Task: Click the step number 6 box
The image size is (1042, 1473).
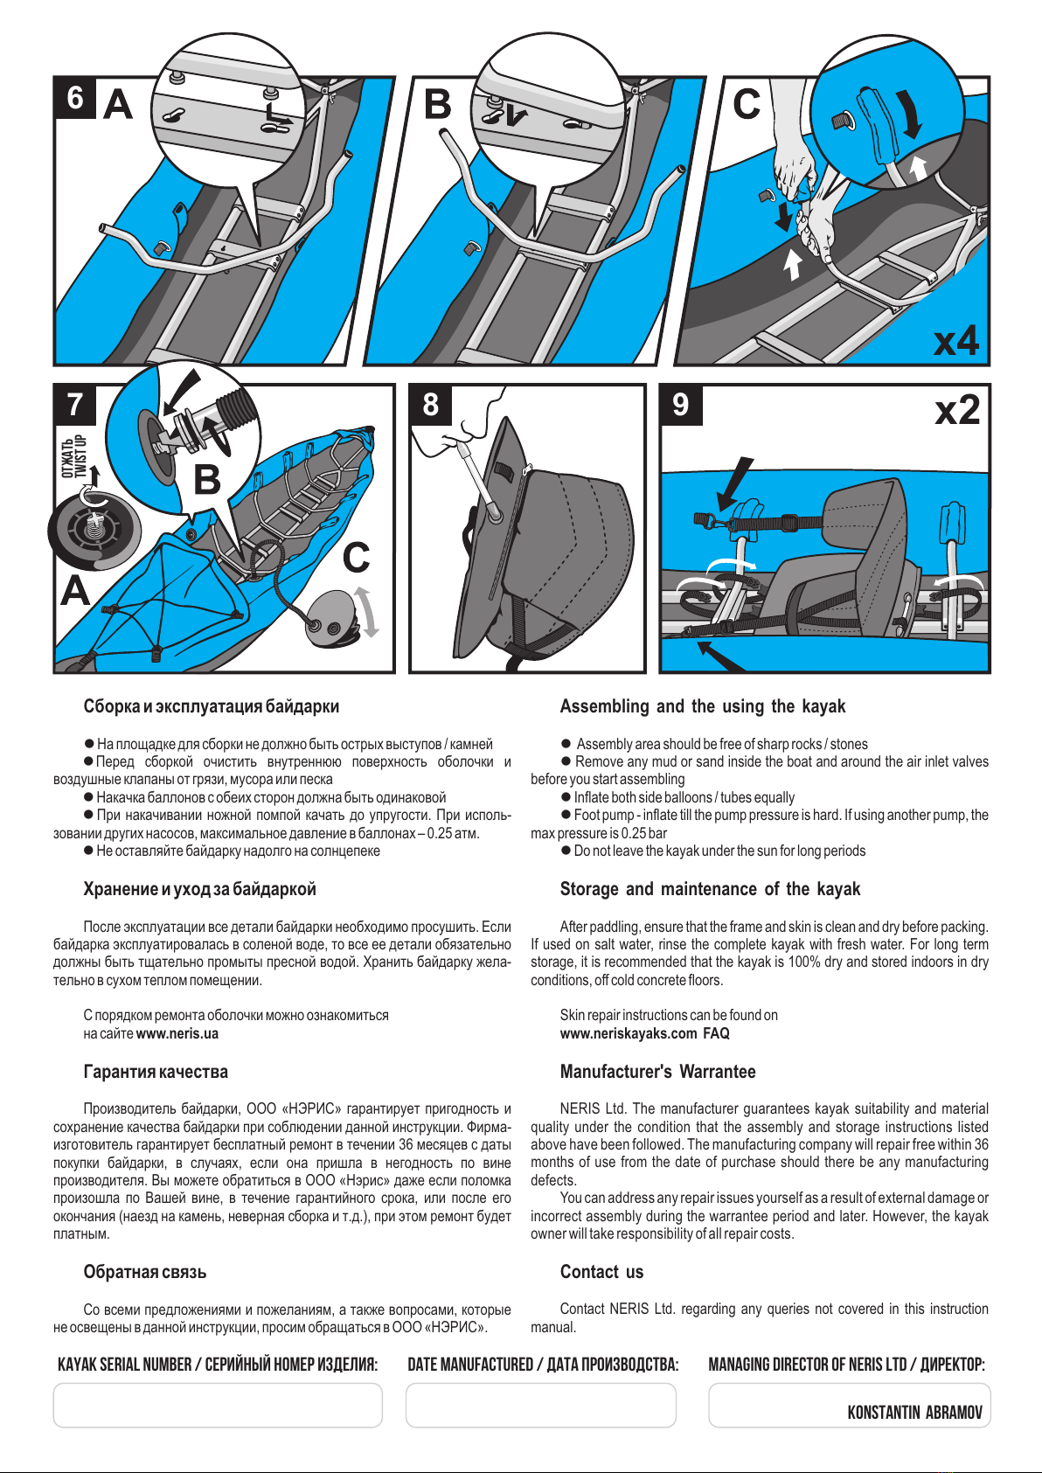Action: [75, 98]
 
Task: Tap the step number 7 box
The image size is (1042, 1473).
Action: [75, 405]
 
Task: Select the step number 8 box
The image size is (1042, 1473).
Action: [430, 405]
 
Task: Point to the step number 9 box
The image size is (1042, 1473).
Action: [681, 405]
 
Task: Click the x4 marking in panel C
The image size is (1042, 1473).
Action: [956, 340]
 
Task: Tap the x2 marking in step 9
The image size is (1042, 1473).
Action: [957, 410]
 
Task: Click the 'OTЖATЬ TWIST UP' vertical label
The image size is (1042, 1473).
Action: [73, 456]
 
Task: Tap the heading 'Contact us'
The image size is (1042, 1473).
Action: [601, 1272]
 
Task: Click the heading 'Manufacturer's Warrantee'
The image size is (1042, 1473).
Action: [657, 1071]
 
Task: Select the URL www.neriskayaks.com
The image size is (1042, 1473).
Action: [628, 1033]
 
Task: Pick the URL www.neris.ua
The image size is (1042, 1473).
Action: [177, 1033]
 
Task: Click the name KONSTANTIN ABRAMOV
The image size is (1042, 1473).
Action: [914, 1413]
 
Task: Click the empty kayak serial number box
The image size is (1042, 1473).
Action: [218, 1406]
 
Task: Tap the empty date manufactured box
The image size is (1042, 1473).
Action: [540, 1406]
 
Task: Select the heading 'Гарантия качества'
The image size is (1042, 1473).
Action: [155, 1071]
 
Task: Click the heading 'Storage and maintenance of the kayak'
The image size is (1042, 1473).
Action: [710, 889]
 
